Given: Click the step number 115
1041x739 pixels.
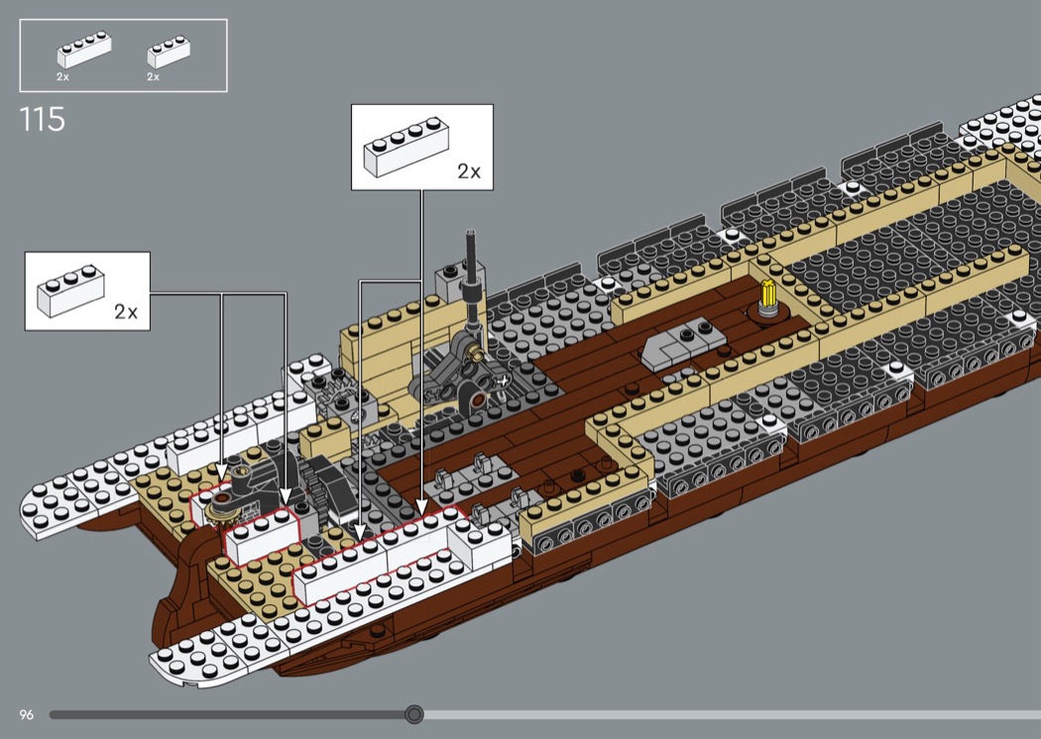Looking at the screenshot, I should click(42, 119).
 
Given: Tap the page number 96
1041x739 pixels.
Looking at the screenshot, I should click(26, 714).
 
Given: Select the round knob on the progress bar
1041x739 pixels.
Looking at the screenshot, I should click(414, 714).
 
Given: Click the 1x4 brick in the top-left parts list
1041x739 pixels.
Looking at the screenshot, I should click(84, 50).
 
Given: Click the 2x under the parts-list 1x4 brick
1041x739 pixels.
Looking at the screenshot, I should click(63, 76).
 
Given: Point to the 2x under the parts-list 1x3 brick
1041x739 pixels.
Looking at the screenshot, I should click(154, 76).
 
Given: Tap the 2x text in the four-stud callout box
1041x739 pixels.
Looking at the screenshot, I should click(468, 171).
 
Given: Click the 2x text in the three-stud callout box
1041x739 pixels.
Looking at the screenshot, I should click(126, 312).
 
